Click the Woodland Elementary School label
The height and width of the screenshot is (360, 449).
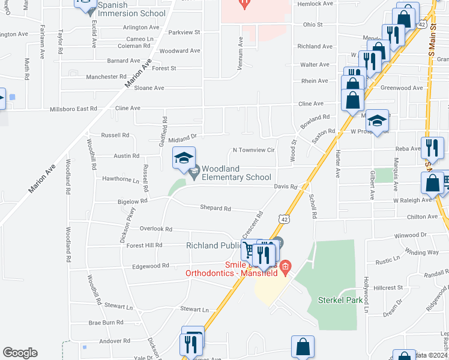236,173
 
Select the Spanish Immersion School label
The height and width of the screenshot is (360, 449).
131,9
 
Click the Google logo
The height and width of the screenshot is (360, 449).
20,353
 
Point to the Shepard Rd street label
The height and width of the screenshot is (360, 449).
215,208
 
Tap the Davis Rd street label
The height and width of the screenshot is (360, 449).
286,187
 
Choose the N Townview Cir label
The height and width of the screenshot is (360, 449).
253,149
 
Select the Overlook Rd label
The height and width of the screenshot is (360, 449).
156,229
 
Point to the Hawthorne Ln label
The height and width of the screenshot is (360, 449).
121,179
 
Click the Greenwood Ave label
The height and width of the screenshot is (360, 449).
403,88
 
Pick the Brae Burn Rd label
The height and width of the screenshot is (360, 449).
106,322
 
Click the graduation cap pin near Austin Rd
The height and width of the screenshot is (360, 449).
184,158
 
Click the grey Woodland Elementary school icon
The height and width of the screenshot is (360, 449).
194,173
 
